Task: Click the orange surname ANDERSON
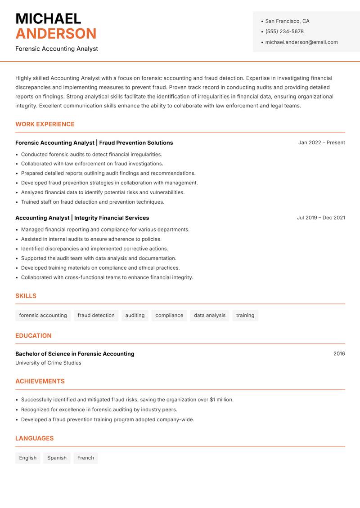click(x=56, y=34)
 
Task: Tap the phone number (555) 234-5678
click(x=284, y=31)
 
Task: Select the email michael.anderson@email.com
click(x=301, y=42)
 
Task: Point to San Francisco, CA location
click(x=287, y=21)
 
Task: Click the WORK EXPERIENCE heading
click(x=45, y=124)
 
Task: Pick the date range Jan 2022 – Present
click(x=321, y=143)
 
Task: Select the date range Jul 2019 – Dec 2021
click(x=321, y=218)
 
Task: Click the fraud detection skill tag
click(x=96, y=315)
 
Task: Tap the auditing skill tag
click(x=135, y=315)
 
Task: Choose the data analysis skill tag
click(x=210, y=315)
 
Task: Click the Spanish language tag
click(x=57, y=458)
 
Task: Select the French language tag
click(x=85, y=458)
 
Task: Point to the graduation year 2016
click(x=339, y=354)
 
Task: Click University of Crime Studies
click(x=48, y=363)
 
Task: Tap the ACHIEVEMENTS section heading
click(x=40, y=381)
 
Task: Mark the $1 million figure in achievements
click(x=221, y=400)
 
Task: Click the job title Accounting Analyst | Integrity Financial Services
click(x=82, y=218)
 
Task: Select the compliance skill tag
click(x=169, y=315)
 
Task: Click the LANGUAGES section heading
click(x=34, y=438)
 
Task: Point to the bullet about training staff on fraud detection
click(x=93, y=202)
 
